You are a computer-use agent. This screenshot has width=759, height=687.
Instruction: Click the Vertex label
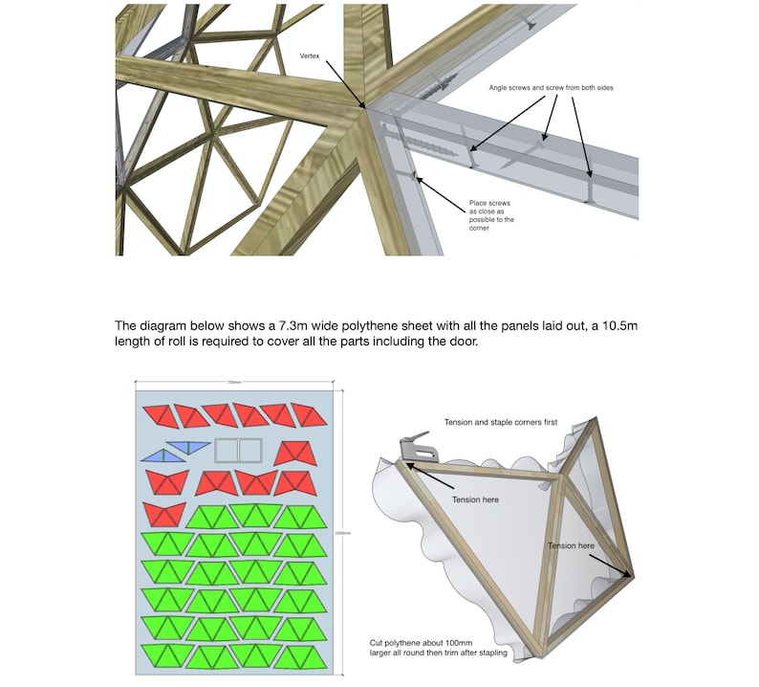[312, 55]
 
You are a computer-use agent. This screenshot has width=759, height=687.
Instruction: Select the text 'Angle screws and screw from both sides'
[551, 88]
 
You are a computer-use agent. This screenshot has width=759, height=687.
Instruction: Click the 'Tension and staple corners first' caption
[500, 422]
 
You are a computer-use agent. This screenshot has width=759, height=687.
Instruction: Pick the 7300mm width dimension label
[233, 383]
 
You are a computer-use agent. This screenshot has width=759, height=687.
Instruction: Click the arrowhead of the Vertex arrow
[363, 107]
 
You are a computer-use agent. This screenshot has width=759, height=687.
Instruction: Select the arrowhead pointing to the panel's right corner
[630, 577]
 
